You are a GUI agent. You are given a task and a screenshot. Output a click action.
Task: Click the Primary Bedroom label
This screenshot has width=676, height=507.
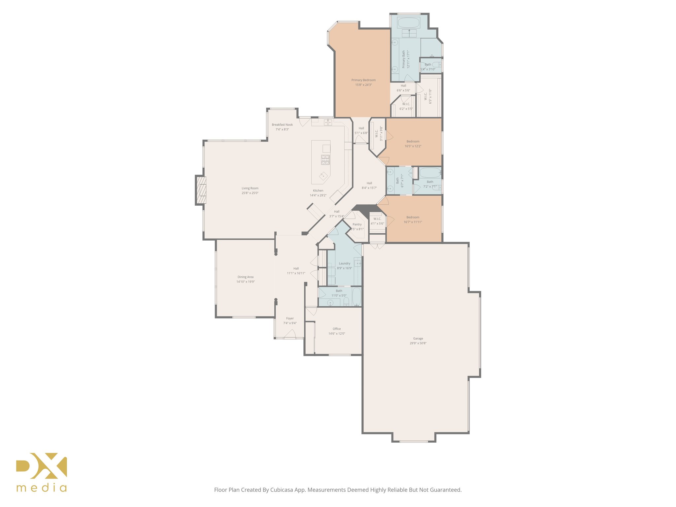[363, 80]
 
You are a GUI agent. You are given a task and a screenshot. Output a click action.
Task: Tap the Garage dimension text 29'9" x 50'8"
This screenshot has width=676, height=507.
[418, 343]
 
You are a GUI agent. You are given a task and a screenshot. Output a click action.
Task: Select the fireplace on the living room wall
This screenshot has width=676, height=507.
[201, 190]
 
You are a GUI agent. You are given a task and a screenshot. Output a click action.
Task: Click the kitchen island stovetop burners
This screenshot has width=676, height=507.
[325, 160]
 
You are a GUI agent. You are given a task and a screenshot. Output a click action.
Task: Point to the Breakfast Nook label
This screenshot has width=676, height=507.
[282, 125]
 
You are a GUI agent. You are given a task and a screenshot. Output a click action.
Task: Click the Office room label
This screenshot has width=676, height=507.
[337, 329]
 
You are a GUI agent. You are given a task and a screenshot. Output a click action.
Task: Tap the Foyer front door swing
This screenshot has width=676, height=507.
[290, 334]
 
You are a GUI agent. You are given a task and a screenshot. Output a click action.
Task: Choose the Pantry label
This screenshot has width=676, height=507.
[357, 224]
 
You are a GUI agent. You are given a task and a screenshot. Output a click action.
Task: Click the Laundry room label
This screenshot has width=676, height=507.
[344, 263]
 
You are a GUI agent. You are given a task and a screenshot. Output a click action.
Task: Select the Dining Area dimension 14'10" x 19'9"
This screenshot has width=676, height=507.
[245, 282]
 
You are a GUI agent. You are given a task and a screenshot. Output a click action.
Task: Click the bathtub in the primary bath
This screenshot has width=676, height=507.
[409, 23]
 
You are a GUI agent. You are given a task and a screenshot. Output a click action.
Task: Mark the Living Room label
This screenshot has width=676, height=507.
[250, 188]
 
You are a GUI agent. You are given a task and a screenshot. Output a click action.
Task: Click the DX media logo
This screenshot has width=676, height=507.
[42, 472]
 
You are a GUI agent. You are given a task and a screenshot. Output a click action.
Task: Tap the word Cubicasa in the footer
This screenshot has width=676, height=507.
[282, 490]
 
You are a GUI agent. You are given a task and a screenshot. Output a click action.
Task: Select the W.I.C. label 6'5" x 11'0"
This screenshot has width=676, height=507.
[428, 96]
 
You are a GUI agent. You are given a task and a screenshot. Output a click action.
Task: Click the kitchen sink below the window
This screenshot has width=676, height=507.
[328, 122]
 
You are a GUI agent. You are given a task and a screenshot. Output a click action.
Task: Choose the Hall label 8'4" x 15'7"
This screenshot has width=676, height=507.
[369, 186]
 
